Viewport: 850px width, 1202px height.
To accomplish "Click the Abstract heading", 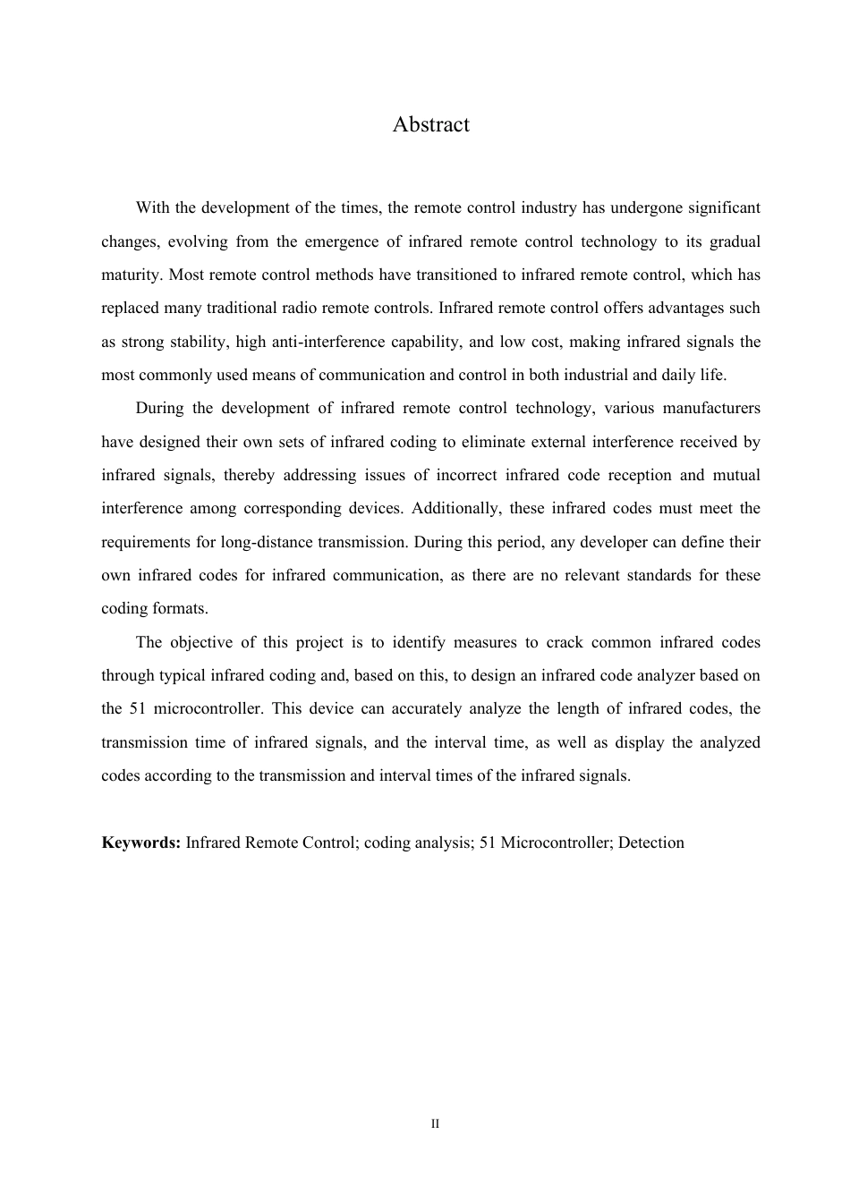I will coord(430,124).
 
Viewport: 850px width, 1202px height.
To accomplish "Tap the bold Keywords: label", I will coord(141,842).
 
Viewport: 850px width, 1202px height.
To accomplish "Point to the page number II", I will coord(435,1124).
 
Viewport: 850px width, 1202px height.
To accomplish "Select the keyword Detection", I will coord(650,842).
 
